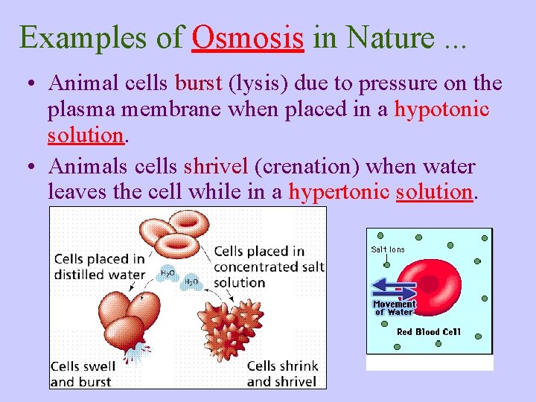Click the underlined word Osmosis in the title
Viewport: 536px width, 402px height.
point(247,36)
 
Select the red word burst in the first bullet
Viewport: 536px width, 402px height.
point(198,84)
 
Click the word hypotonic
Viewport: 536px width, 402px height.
point(441,110)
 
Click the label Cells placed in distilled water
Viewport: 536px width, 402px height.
point(99,266)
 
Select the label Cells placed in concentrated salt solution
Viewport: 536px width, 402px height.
point(268,267)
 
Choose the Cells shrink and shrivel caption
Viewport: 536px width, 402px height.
point(282,373)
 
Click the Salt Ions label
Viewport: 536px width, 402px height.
point(388,249)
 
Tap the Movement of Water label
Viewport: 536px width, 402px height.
point(394,307)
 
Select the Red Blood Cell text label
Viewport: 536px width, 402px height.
point(429,332)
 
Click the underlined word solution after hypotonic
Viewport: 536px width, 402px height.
point(84,136)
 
